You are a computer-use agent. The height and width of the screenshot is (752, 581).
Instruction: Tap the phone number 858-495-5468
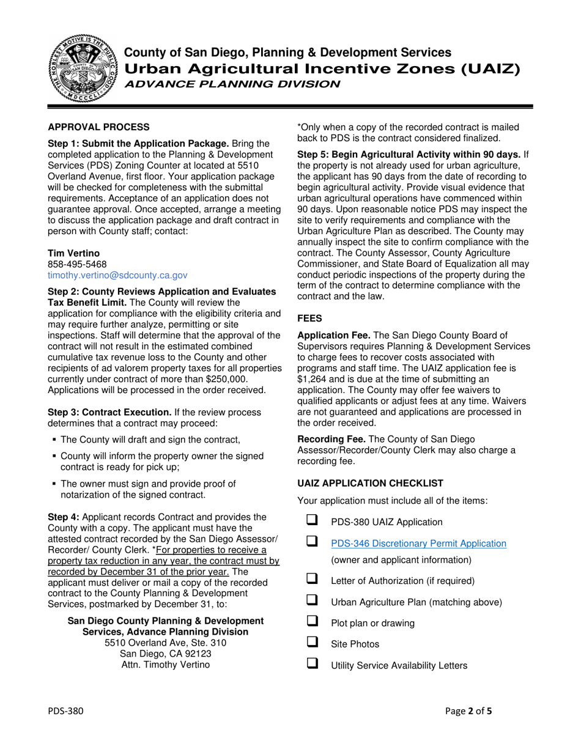(77, 264)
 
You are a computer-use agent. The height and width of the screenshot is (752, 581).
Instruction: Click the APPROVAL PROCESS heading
(98, 127)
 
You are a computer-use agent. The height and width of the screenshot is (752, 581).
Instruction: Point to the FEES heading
(309, 318)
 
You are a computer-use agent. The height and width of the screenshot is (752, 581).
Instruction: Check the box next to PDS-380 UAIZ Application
(312, 522)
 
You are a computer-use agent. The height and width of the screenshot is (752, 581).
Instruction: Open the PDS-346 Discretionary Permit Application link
(418, 543)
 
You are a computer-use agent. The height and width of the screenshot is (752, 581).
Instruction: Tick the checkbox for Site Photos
(312, 643)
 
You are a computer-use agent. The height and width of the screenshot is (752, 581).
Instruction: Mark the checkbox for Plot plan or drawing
(312, 622)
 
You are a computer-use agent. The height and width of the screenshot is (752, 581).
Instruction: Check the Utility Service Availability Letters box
(312, 664)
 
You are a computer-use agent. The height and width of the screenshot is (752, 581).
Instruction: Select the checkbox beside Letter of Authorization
(312, 580)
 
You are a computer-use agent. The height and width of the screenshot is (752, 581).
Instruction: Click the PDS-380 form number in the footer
(66, 711)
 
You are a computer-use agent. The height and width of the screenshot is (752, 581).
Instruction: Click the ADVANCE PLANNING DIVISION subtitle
(232, 84)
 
